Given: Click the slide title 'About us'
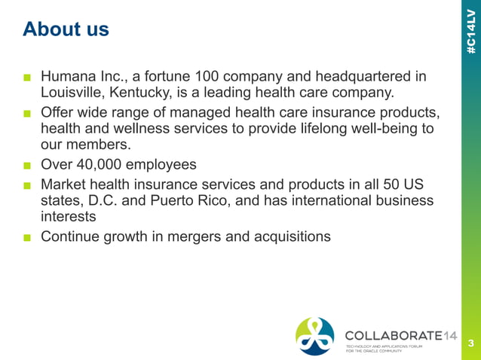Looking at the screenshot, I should (x=66, y=29).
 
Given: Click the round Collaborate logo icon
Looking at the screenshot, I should (x=315, y=335).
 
